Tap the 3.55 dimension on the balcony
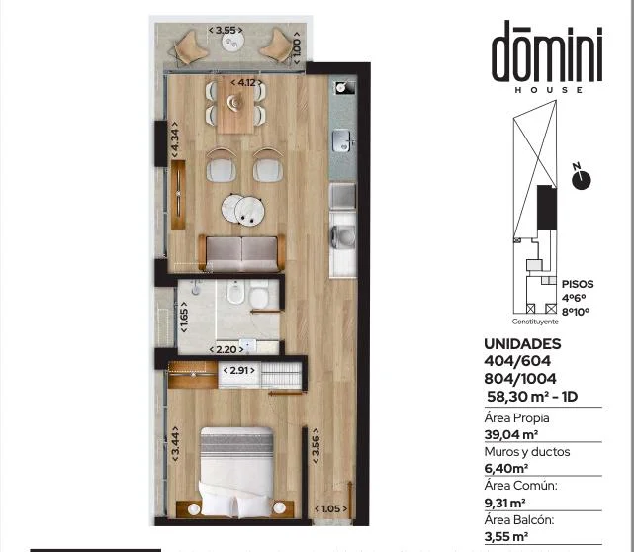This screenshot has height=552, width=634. click(226, 30)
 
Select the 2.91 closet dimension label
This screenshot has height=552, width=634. click(239, 370)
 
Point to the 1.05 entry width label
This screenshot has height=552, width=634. click(330, 508)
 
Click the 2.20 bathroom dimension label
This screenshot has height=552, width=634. click(226, 349)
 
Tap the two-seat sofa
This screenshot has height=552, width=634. click(241, 253)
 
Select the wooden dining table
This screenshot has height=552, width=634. click(235, 105)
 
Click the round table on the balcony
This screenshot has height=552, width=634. click(232, 41)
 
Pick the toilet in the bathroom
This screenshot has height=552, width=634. click(259, 294)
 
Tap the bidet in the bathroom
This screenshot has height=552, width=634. click(235, 292)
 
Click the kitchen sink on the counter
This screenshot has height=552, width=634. click(341, 140)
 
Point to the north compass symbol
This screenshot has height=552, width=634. click(581, 178)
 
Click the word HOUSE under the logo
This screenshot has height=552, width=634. click(549, 90)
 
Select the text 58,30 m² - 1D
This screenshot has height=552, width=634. click(532, 397)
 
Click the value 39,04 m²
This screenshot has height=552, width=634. click(511, 434)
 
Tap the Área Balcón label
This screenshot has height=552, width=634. click(519, 520)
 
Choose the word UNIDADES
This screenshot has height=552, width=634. click(522, 343)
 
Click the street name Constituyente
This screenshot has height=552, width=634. click(535, 322)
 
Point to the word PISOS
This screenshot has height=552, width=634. click(578, 284)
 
